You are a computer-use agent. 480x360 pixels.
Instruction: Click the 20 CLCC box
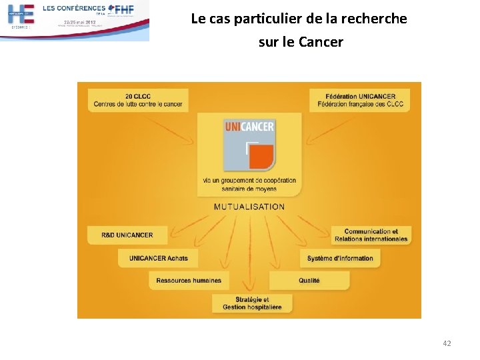pos(138,100)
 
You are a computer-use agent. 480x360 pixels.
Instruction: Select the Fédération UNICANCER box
pos(360,100)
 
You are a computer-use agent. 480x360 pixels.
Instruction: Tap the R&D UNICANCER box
pos(127,235)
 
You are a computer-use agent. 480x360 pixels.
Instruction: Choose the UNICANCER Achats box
pos(159,258)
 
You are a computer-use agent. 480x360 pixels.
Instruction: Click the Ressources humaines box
pos(189,281)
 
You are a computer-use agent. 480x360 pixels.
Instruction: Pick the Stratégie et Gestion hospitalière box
pos(252,303)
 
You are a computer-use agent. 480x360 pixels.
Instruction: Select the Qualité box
pos(309,281)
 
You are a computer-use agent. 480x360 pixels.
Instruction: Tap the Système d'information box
pos(340,258)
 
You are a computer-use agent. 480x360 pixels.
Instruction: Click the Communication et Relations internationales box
pos(371,235)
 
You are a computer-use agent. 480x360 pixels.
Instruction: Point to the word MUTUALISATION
pos(249,207)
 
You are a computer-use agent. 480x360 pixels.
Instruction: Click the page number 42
pos(447,343)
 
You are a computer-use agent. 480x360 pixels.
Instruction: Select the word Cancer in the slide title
pos(321,42)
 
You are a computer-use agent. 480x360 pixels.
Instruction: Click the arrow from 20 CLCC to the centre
pos(170,131)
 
